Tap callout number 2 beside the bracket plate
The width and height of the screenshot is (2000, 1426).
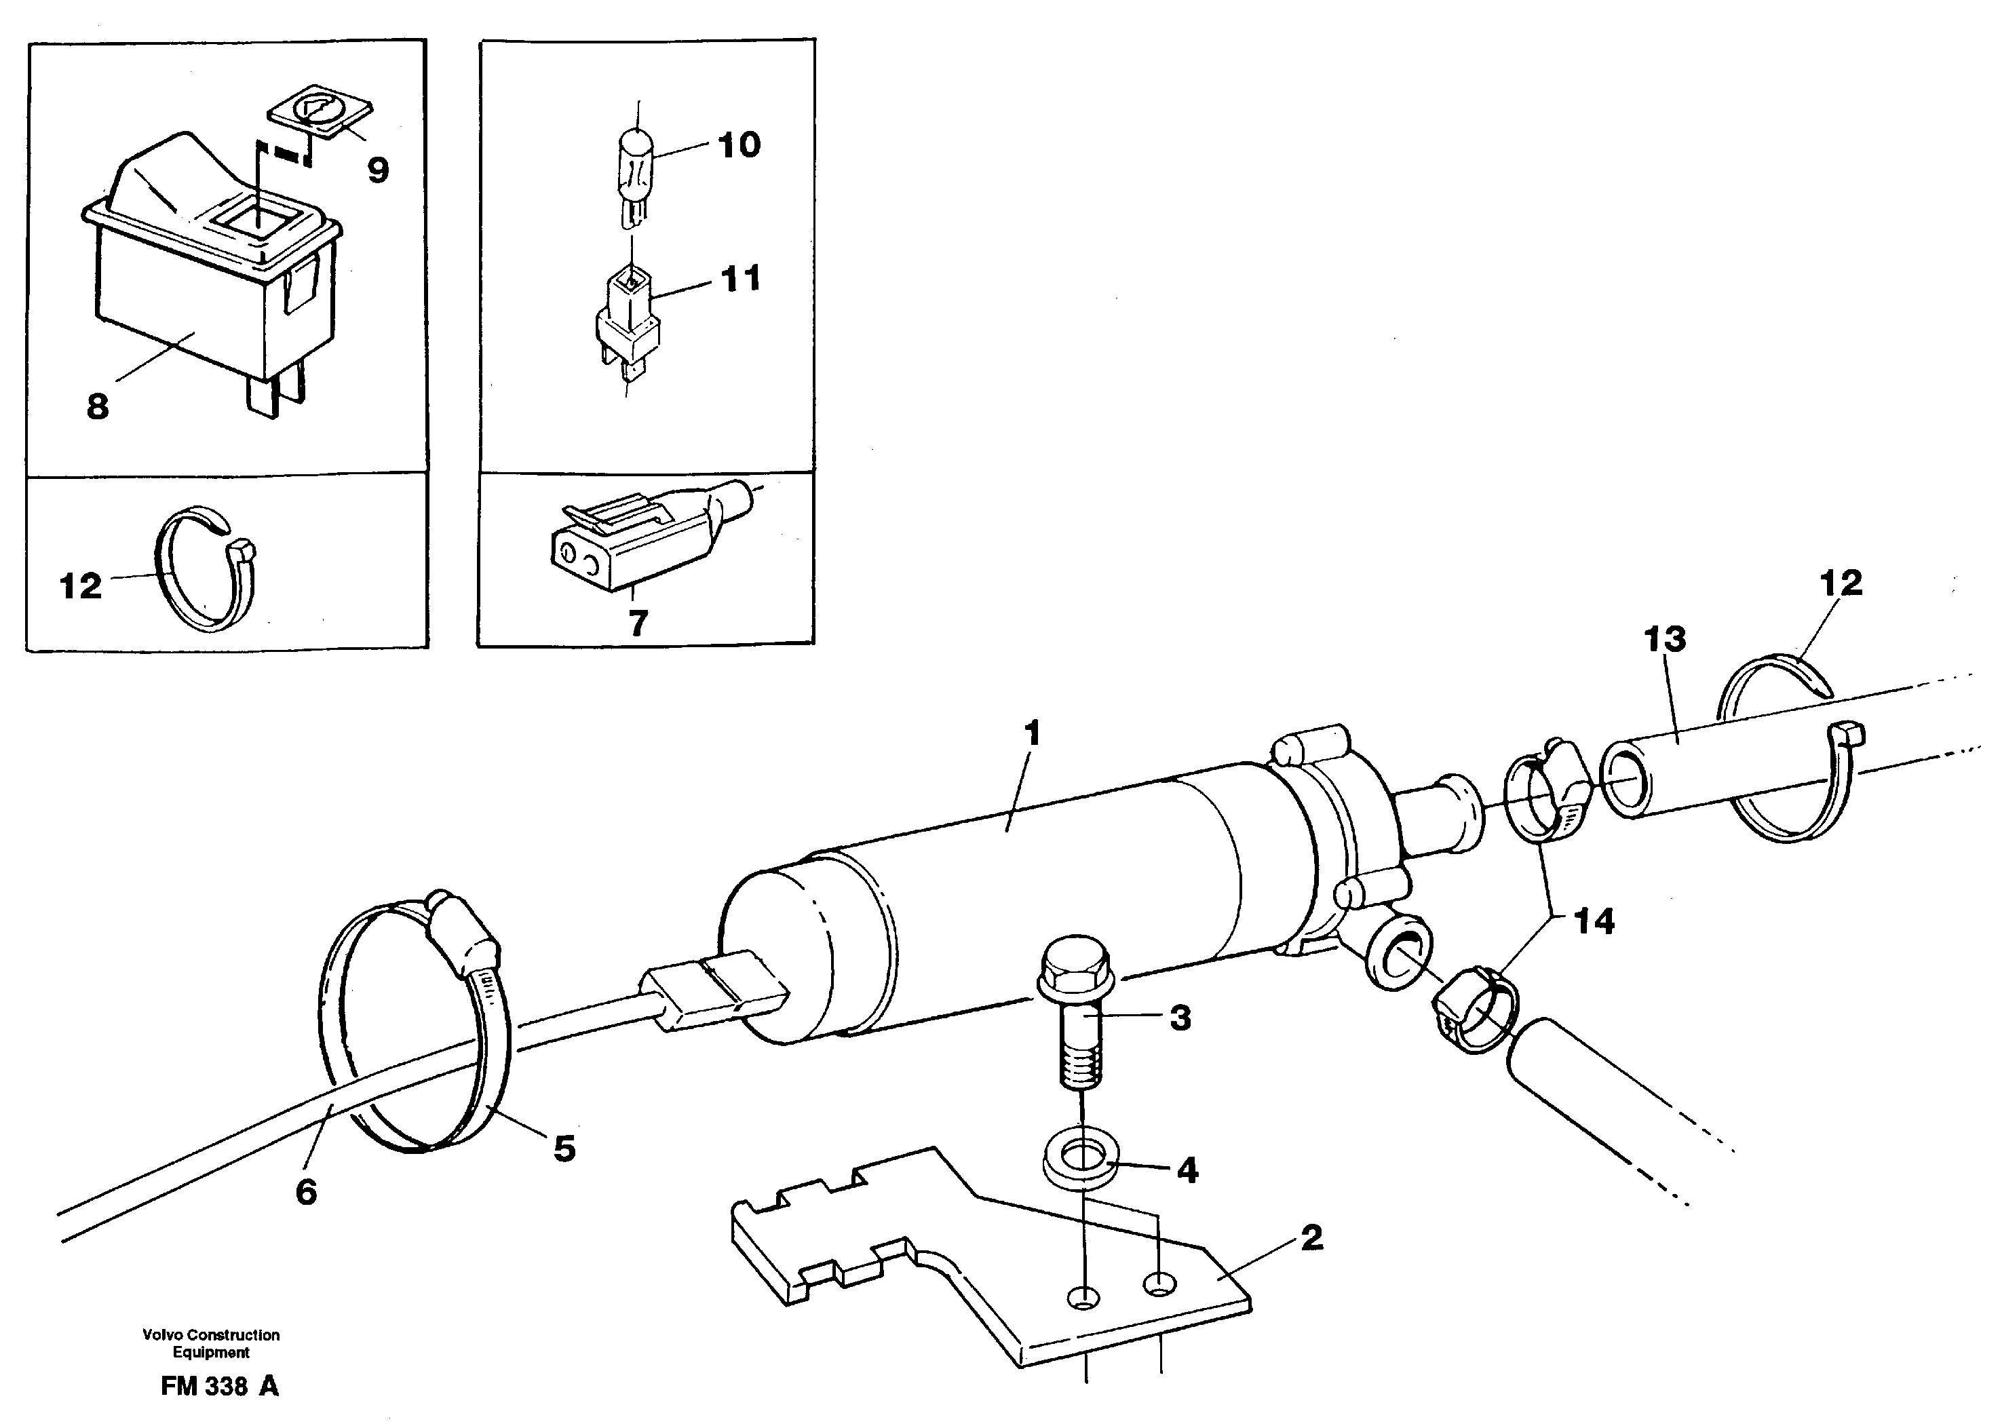pos(1311,1238)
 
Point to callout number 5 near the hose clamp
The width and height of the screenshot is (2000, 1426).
pos(564,1148)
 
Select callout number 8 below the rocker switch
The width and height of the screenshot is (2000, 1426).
pos(98,406)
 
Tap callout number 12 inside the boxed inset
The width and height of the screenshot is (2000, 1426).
pos(81,585)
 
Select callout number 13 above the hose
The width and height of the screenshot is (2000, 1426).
pos(1665,638)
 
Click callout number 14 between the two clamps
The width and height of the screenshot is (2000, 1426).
pos(1594,921)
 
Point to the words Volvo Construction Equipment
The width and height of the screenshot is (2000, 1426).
pos(211,1343)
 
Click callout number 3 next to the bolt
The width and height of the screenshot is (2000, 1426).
pos(1180,1018)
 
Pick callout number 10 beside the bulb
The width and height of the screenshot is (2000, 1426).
pos(739,145)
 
